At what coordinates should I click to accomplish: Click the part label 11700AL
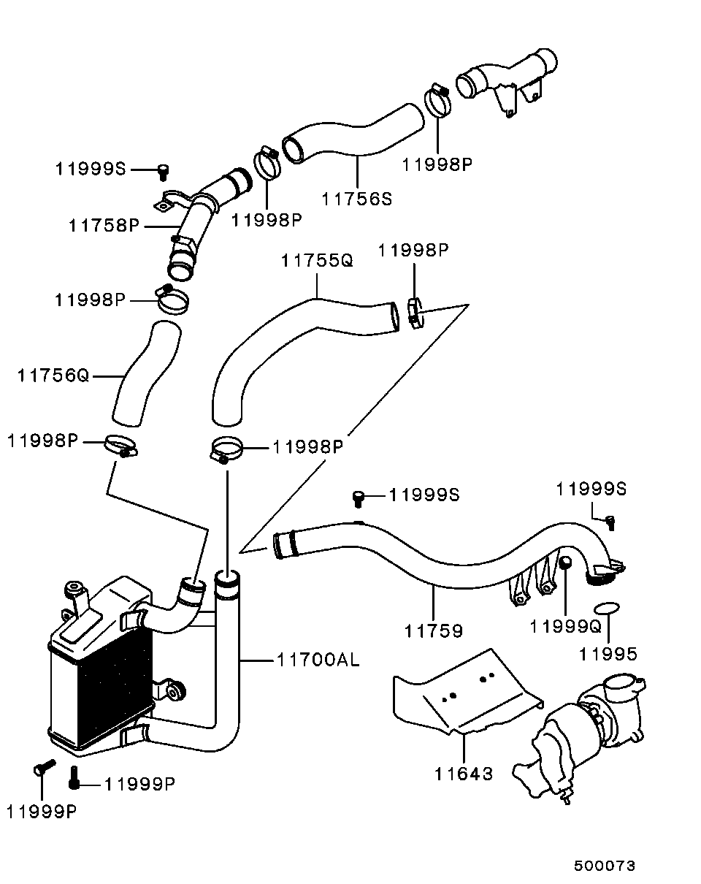point(318,660)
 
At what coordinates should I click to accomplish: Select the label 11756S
point(356,199)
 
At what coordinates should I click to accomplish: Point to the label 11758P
point(104,226)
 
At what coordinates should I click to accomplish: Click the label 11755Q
point(317,260)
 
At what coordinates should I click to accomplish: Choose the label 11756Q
point(53,376)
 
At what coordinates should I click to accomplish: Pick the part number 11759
point(434,631)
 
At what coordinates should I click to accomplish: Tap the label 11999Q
point(565,627)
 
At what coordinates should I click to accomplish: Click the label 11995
point(608,654)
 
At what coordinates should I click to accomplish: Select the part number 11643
point(464,774)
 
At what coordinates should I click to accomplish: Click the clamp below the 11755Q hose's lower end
point(226,449)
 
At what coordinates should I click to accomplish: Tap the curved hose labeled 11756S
point(353,134)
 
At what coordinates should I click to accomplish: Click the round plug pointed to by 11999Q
point(565,562)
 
